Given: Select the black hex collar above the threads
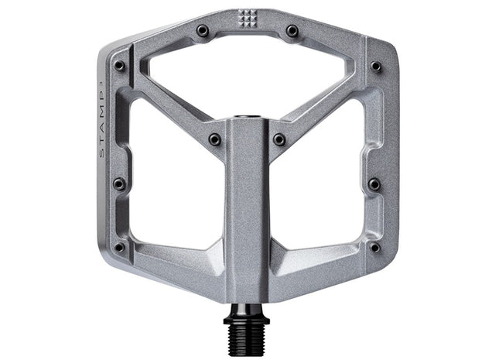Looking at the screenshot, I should tap(248, 312).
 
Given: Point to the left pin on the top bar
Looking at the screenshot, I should tap(203, 31).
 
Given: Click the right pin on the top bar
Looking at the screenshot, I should tap(292, 31).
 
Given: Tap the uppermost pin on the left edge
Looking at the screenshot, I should tap(120, 67).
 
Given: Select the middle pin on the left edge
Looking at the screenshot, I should tap(119, 184).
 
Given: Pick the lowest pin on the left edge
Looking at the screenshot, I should tap(120, 248).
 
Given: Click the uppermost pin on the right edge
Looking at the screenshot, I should tap(376, 67).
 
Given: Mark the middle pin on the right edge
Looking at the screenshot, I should tap(374, 184).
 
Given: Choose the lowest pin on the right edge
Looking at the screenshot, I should tap(374, 248).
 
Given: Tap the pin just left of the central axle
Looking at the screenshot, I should tap(214, 140).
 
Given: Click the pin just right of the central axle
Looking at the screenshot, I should tap(279, 140).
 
